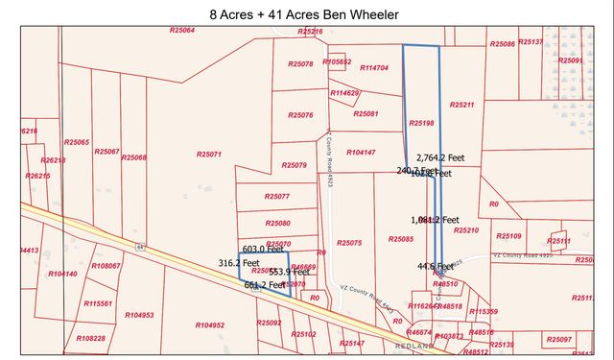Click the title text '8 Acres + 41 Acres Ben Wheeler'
[x=306, y=14]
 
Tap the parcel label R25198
[x=421, y=123]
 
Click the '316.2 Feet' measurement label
[x=239, y=262]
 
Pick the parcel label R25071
[x=208, y=154]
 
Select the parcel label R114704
[x=373, y=68]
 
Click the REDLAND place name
[x=413, y=345]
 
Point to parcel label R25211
[x=461, y=105]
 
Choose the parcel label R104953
[x=139, y=315]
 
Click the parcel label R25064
[x=181, y=31]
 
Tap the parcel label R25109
[x=508, y=235]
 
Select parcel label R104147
[x=362, y=153]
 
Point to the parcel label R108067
[x=106, y=266]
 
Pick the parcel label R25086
[x=503, y=43]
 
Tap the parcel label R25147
[x=351, y=343]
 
